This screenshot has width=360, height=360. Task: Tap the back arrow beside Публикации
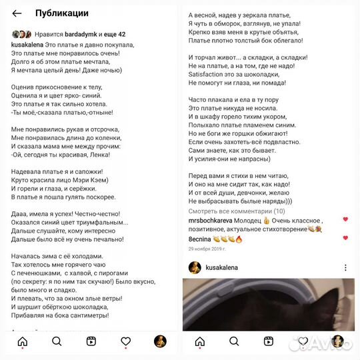pyautogui.click(x=17, y=13)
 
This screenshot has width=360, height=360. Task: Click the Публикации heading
pyautogui.click(x=61, y=13)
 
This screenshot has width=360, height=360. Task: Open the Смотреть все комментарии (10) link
pyautogui.click(x=237, y=211)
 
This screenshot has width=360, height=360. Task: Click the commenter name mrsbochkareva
pyautogui.click(x=212, y=220)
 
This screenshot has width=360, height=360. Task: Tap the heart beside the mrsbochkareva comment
pyautogui.click(x=345, y=219)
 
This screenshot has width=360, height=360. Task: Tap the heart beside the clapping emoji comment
pyautogui.click(x=345, y=238)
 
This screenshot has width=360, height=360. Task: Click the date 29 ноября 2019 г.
pyautogui.click(x=207, y=249)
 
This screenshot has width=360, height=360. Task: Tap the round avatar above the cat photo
pyautogui.click(x=194, y=267)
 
